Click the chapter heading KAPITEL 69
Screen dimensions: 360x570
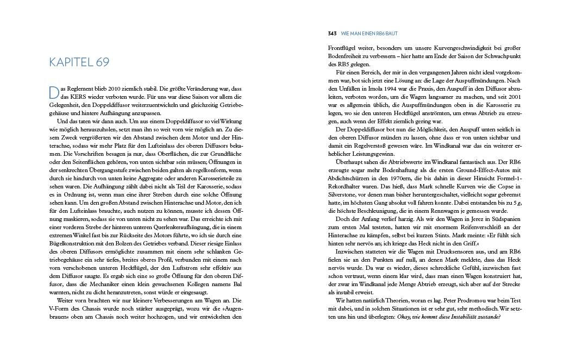coord(79,62)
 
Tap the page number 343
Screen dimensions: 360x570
coord(332,33)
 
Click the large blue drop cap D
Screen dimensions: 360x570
coord(53,92)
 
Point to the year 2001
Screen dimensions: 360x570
coord(515,96)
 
